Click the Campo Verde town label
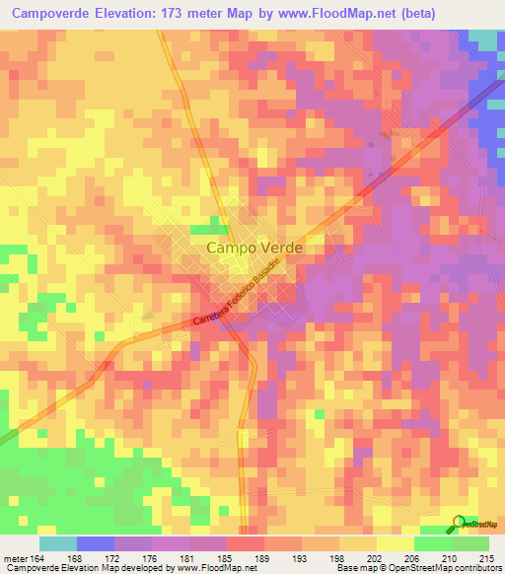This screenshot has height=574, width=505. pyautogui.click(x=254, y=250)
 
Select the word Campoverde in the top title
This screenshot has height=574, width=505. pyautogui.click(x=54, y=12)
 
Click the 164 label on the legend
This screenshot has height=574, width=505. pyautogui.click(x=38, y=558)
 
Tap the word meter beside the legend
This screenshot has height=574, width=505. pyautogui.click(x=15, y=558)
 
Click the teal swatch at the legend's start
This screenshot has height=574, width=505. pyautogui.click(x=57, y=543)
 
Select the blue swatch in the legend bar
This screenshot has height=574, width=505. pyautogui.click(x=95, y=543)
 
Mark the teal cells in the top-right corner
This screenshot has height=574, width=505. pyautogui.click(x=483, y=38)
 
